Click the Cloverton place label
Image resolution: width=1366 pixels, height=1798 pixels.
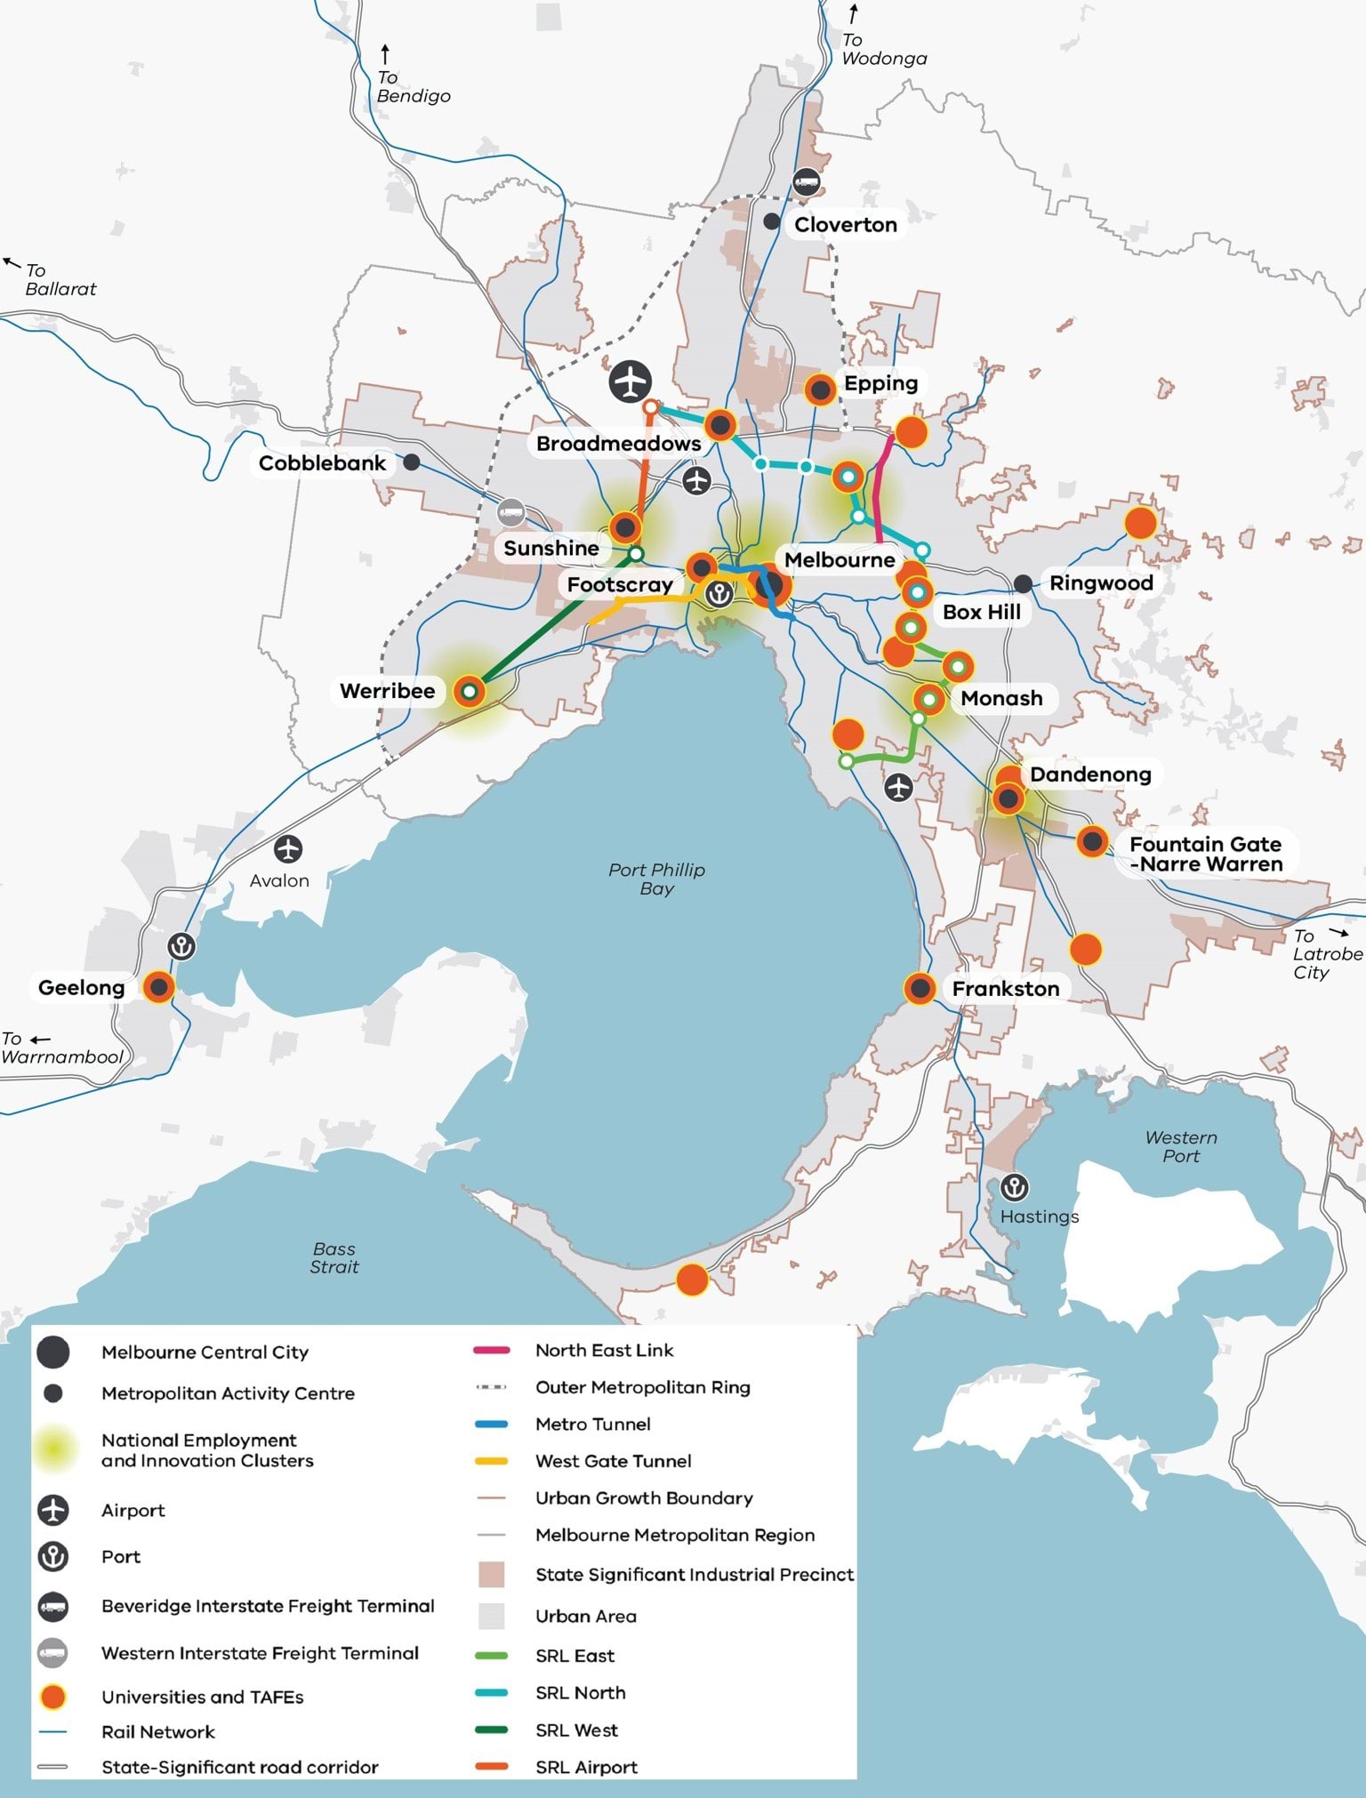(845, 225)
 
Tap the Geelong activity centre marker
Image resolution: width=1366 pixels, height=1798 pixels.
(159, 986)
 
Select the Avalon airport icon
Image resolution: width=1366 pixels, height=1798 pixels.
(287, 849)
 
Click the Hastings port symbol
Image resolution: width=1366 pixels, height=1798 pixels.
(1014, 1187)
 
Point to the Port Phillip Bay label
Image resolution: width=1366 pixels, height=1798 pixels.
(656, 879)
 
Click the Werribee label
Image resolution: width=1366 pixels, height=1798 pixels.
(387, 691)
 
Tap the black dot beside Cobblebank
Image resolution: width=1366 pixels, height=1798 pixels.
(411, 462)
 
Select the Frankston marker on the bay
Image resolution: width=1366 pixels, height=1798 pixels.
(920, 988)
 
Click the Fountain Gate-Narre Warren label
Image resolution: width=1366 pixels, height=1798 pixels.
(1205, 854)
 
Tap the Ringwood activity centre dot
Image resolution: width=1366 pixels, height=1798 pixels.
(1024, 583)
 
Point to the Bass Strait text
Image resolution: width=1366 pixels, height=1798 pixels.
(334, 1257)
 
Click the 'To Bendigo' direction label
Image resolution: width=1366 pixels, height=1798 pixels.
(412, 86)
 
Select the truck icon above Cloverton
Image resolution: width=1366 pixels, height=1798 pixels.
(806, 182)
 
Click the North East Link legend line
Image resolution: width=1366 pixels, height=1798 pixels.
(492, 1350)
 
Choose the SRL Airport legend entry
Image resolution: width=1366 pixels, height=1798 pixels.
(586, 1767)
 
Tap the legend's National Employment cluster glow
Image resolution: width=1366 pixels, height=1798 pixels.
(53, 1449)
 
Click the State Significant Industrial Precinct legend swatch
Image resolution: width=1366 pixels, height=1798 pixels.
(492, 1574)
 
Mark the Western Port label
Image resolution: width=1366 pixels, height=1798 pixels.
(1180, 1146)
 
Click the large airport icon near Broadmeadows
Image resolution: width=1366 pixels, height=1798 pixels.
(631, 382)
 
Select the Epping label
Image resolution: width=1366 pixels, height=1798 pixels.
(880, 383)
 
